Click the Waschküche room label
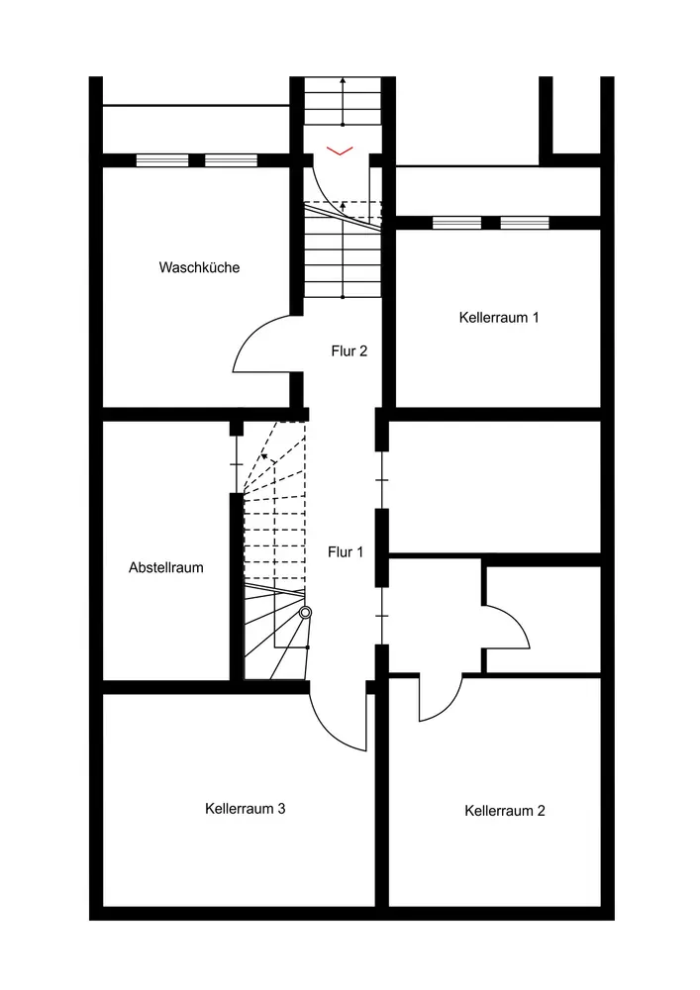(199, 267)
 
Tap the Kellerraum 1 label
(499, 318)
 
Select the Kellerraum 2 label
(504, 811)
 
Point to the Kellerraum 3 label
(246, 809)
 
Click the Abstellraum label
(166, 568)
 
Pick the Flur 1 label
(346, 552)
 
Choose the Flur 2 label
(350, 350)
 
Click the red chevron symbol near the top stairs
(340, 150)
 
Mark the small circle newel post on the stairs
(305, 613)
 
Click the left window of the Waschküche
(161, 160)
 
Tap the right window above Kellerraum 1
(524, 223)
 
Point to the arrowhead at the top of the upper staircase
(342, 80)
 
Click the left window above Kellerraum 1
(456, 223)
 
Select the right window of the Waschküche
(231, 160)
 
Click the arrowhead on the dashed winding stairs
(264, 458)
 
